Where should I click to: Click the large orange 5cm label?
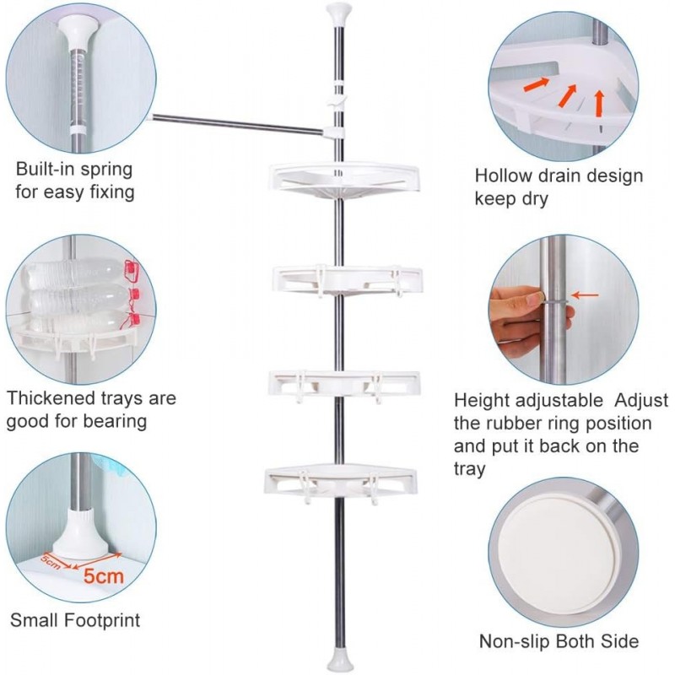104,575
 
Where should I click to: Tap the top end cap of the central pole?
339,14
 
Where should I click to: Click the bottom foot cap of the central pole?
340,660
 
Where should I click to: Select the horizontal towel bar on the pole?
237,124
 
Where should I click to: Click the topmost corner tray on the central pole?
345,180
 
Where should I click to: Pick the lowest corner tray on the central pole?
341,482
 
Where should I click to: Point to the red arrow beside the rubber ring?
585,295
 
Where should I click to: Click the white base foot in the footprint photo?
80,532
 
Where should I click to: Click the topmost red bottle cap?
132,270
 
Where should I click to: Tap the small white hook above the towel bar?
337,100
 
